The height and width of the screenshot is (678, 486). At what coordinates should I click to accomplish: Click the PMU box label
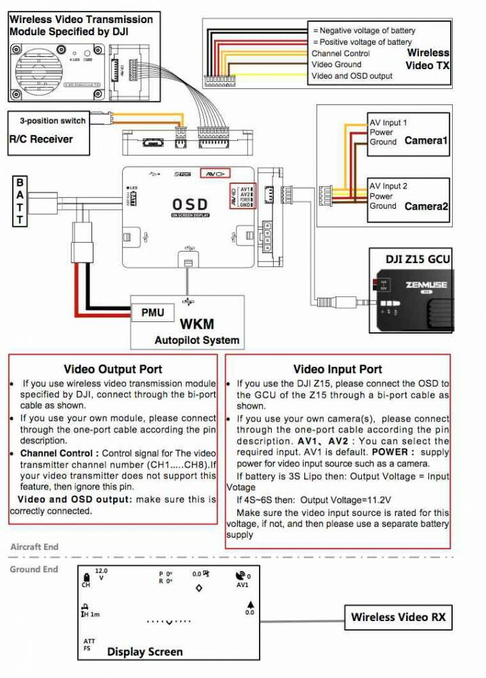[x=153, y=313]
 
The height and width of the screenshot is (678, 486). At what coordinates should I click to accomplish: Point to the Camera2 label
[x=426, y=205]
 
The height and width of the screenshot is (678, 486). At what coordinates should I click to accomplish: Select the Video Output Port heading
[x=113, y=369]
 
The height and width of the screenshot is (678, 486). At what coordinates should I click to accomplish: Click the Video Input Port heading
[x=338, y=369]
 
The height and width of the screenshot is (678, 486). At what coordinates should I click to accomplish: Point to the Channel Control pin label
[x=340, y=53]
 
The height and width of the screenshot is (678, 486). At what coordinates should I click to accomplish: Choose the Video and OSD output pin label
[x=352, y=76]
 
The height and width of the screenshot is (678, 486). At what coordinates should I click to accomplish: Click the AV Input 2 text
[x=388, y=186]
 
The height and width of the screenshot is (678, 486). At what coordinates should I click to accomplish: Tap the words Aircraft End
[x=34, y=546]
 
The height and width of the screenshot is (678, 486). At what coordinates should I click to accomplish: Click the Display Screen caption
[x=144, y=652]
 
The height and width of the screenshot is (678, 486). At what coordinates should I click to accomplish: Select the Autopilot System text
[x=197, y=340]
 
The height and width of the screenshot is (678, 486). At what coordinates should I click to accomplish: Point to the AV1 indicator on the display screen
[x=243, y=584]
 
